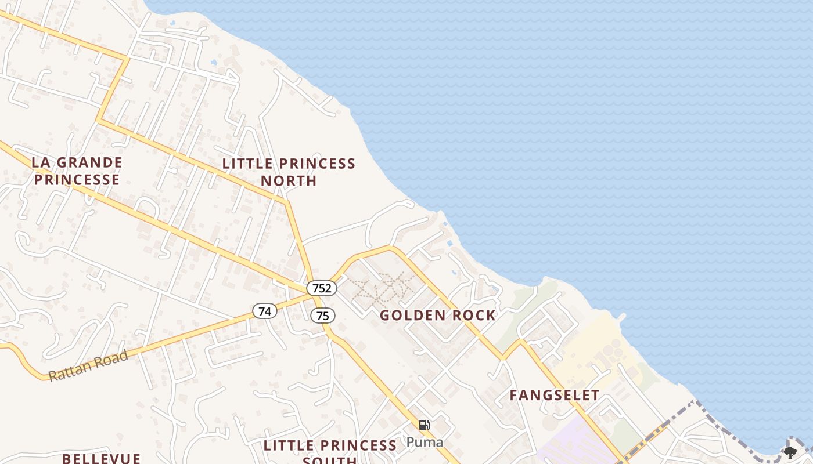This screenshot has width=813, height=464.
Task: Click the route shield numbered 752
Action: pyautogui.click(x=322, y=288)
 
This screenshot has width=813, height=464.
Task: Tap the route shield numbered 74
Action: pyautogui.click(x=264, y=311)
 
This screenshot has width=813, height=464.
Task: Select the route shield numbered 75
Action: pyautogui.click(x=322, y=316)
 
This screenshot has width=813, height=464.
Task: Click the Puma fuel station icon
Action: pyautogui.click(x=424, y=425)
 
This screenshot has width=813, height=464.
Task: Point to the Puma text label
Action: pyautogui.click(x=424, y=442)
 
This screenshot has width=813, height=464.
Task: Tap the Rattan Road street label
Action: pyautogui.click(x=88, y=366)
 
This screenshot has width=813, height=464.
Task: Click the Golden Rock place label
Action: pyautogui.click(x=438, y=316)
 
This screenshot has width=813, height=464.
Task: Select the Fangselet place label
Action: pyautogui.click(x=554, y=396)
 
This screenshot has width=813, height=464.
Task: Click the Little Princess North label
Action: pyautogui.click(x=289, y=172)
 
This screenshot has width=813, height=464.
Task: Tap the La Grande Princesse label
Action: pyautogui.click(x=77, y=171)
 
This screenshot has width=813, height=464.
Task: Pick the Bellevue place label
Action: pyautogui.click(x=101, y=458)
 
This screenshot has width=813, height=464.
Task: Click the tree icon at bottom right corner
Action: pyautogui.click(x=790, y=452)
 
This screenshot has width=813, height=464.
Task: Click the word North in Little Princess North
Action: pyautogui.click(x=289, y=181)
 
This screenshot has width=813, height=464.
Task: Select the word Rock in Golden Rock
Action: pyautogui.click(x=475, y=316)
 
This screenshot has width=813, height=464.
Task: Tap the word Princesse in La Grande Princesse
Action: pyautogui.click(x=77, y=180)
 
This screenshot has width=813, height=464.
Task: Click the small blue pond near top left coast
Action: pyautogui.click(x=214, y=61)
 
